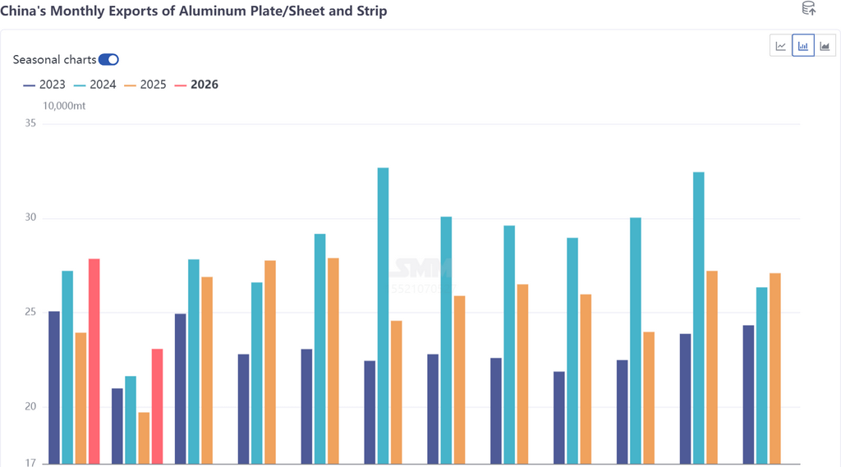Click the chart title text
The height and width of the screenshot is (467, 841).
coord(194,11)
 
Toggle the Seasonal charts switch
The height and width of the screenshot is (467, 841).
coord(108,59)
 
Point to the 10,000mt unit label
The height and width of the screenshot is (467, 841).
coord(64,106)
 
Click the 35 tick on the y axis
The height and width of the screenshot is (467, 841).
coord(30,124)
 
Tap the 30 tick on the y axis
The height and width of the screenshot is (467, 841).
coord(30,218)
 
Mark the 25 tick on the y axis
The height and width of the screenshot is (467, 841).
coord(30,313)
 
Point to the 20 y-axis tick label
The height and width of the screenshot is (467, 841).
coord(30,407)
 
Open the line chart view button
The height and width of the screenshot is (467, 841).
coord(780,46)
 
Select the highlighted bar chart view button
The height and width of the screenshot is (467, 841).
coord(802,46)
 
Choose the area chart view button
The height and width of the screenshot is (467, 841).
coord(825,46)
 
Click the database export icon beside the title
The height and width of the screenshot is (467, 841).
coord(808,9)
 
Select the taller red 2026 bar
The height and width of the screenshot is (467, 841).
coord(94,361)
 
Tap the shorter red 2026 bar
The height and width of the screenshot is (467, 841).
coord(158,406)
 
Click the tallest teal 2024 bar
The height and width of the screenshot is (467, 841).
coord(383,316)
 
